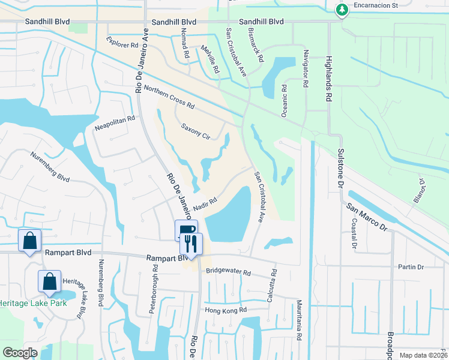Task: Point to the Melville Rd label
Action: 211,61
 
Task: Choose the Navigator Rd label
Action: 306,69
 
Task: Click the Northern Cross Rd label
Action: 169,97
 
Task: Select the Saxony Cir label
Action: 196,132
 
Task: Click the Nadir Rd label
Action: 204,206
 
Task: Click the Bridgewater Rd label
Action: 228,272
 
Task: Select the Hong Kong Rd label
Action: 226,310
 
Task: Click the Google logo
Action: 20,353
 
